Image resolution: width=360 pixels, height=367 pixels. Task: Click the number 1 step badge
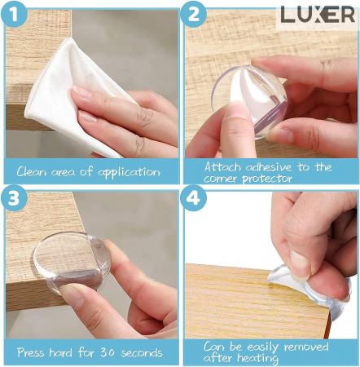14,14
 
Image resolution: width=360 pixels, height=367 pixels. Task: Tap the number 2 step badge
193,14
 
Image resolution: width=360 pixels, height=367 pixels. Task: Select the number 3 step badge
14,198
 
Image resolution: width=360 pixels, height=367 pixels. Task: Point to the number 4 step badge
193,198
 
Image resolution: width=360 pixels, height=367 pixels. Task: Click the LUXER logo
318,15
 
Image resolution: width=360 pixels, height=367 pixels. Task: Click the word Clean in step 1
31,172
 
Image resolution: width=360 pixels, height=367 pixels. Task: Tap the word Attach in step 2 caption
222,166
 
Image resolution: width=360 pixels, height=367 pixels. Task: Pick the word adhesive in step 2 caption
269,167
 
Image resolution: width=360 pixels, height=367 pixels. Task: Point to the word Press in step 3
31,352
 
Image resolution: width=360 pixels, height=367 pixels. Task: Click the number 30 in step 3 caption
108,352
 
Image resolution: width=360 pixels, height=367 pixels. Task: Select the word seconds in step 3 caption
142,353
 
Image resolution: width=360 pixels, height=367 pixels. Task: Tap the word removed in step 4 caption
306,347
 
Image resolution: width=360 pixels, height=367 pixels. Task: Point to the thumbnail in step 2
235,108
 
